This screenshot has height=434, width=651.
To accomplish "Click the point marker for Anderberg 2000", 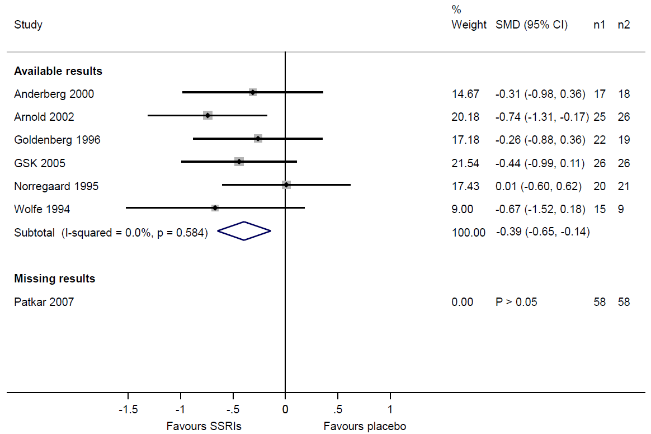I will tap(253, 92).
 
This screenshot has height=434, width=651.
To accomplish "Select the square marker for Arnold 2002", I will tap(208, 115).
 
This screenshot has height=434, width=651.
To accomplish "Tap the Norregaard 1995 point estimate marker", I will tap(286, 185).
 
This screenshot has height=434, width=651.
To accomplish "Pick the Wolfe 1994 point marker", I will tap(215, 207).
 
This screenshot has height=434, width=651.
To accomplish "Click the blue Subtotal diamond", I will tap(244, 231).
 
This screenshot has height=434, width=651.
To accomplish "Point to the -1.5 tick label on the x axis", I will tap(128, 409).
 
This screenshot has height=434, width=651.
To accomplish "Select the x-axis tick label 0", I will tap(285, 409).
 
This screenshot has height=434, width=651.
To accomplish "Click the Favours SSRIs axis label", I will tap(204, 426).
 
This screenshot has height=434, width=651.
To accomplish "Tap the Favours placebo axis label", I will tap(365, 426).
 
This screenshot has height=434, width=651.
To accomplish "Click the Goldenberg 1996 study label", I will tap(57, 140).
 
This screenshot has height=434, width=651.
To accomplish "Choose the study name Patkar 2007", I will tap(44, 302).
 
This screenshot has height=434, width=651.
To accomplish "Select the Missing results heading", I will tap(55, 279).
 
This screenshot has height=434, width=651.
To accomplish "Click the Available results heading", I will tap(58, 71).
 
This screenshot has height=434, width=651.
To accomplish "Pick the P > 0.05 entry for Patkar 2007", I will tap(516, 302).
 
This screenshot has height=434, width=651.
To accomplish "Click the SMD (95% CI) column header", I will tap(531, 25).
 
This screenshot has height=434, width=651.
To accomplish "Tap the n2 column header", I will tap(624, 25).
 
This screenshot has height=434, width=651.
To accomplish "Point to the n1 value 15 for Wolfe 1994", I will tap(599, 209).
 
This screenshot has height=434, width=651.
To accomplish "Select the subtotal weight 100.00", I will tap(469, 232).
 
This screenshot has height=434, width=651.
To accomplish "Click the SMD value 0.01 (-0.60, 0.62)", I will tap(539, 186).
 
